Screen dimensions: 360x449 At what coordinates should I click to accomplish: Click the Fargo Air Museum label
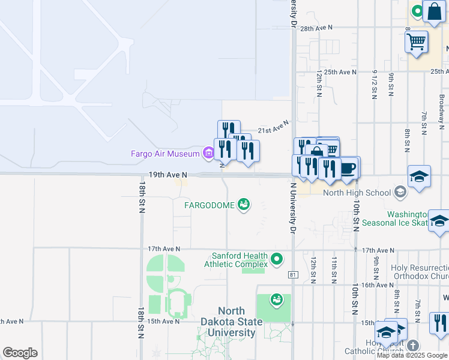pos(165,154)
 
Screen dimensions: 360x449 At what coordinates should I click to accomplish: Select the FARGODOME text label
pos(209,205)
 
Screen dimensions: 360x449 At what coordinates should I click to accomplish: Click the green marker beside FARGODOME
pos(244,205)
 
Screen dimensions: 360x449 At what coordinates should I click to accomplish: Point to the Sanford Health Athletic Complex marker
pos(277,260)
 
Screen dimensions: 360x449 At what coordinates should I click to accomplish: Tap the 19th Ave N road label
pos(168,175)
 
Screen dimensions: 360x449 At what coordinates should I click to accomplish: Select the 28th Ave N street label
pos(316,28)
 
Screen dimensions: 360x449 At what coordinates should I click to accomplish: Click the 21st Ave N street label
pos(273,127)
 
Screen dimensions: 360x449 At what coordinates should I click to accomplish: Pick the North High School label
pos(357,193)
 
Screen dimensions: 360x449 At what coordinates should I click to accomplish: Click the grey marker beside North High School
pos(400,193)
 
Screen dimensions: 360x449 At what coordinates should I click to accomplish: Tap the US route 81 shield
pos(293,275)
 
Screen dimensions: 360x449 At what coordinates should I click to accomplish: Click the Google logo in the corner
pos(20,353)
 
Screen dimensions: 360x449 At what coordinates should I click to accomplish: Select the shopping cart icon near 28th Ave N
pos(416,42)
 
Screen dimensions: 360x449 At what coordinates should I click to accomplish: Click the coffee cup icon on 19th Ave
pos(348,167)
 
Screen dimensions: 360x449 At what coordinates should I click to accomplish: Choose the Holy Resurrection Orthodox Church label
pos(420,272)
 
